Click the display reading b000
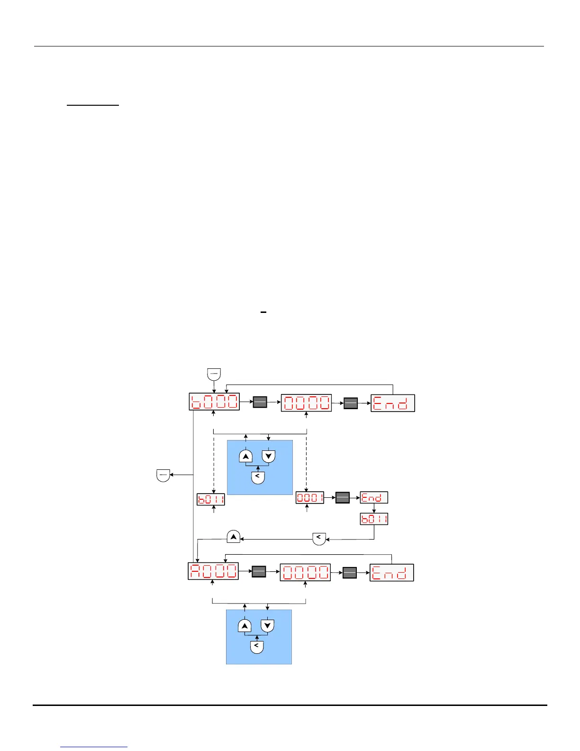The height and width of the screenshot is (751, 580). (214, 402)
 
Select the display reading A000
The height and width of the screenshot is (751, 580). (213, 571)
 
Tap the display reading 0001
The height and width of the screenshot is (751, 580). (310, 498)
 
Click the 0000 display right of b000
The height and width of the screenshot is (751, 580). (306, 403)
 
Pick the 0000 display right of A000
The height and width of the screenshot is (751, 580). (305, 572)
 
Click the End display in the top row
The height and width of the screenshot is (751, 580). (392, 403)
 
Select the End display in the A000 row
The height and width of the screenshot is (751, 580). (391, 573)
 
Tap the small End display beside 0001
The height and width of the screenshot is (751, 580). (374, 497)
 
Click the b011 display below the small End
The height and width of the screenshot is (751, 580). (374, 519)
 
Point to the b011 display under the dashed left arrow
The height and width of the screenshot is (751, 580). (211, 499)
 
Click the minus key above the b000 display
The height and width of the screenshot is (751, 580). (214, 374)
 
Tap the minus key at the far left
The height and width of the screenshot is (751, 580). (163, 475)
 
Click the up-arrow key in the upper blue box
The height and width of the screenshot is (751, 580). (245, 456)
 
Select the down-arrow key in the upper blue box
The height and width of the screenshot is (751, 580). (269, 456)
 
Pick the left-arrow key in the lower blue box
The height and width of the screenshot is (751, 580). (256, 647)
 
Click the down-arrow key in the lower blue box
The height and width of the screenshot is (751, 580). (268, 625)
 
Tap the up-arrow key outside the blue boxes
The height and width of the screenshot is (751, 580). (234, 537)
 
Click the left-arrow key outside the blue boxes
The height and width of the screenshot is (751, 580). (319, 538)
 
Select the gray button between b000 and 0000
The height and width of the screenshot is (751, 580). (260, 403)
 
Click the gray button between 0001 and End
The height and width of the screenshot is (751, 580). (342, 498)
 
